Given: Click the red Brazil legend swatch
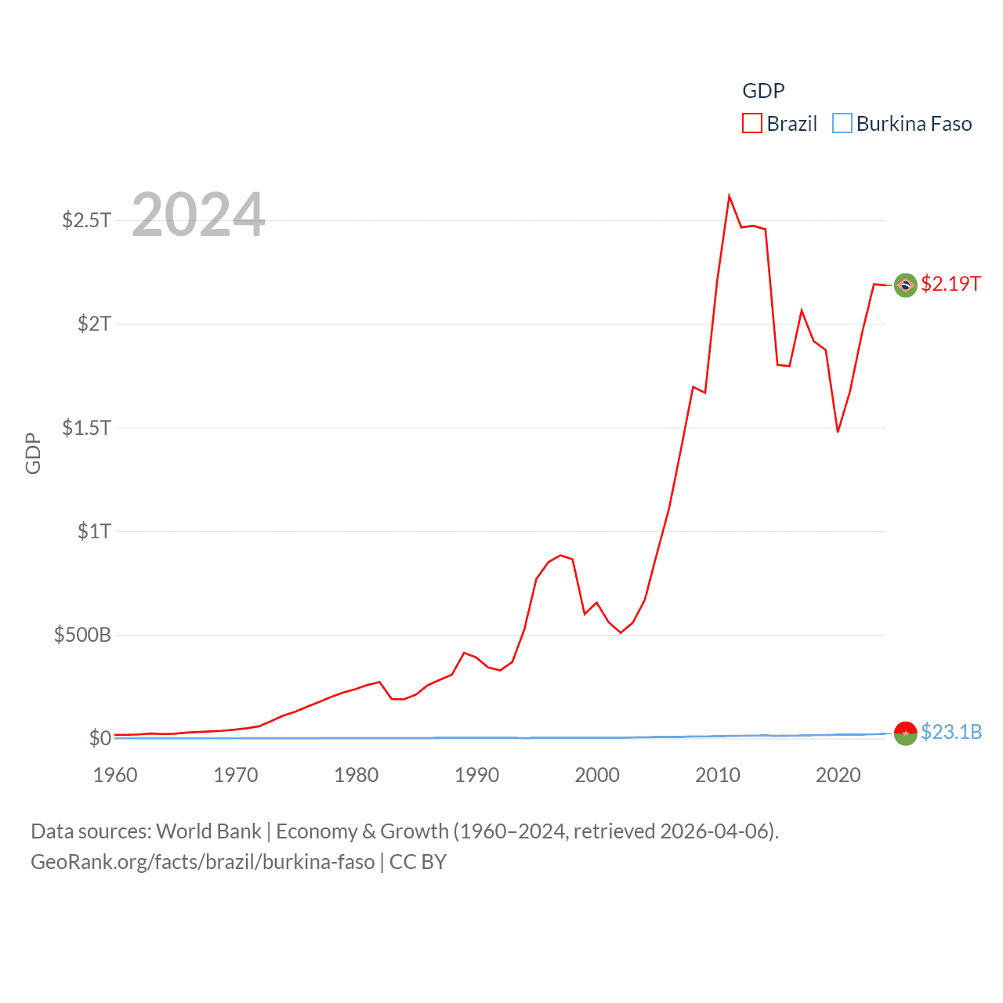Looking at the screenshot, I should tap(752, 124).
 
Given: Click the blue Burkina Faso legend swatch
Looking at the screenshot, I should tap(842, 124).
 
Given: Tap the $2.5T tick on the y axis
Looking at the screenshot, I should tap(86, 220).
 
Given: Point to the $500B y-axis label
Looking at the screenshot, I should tap(82, 635).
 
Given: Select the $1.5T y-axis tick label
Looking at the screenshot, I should tap(86, 428).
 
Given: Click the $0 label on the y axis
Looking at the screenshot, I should tap(100, 738).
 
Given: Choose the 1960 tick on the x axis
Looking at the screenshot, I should tap(115, 775).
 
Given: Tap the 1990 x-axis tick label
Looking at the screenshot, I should tap(476, 775).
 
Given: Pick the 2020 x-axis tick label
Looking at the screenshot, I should tap(838, 775).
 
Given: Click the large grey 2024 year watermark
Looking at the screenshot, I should tap(198, 215).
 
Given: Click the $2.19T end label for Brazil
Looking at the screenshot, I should tap(950, 284).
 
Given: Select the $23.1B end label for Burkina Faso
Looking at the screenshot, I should tap(950, 732).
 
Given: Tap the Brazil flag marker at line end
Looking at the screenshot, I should tap(905, 286).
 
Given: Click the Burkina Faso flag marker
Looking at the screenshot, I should tap(905, 733).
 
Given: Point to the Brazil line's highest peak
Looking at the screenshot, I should tap(730, 196).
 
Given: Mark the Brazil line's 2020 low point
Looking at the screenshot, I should tap(838, 432).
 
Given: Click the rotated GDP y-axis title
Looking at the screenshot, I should tap(33, 453).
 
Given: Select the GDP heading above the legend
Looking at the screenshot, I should tap(763, 91).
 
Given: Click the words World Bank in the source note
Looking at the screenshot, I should tap(208, 831).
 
